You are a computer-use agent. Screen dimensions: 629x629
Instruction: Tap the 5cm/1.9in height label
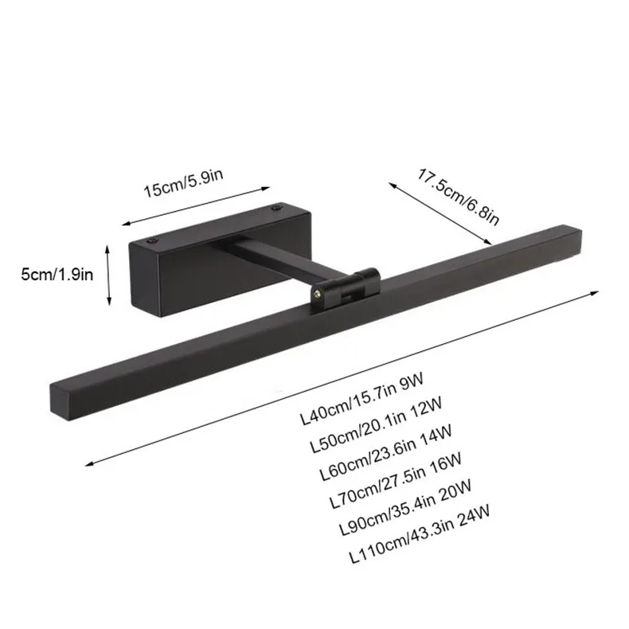[x=58, y=275]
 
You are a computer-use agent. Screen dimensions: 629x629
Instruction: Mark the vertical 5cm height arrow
[x=108, y=275]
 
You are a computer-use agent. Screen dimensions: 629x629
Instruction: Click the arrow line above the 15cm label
[x=196, y=206]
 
